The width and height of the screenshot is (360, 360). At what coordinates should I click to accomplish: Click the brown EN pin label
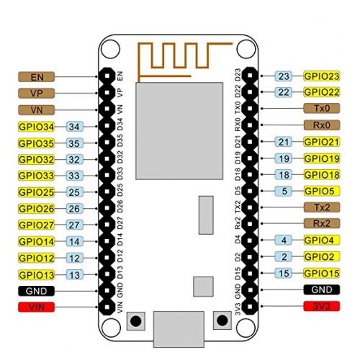click(37, 77)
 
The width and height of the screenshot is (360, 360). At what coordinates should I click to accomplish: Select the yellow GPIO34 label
click(37, 127)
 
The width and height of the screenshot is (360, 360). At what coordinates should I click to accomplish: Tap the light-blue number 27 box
click(74, 225)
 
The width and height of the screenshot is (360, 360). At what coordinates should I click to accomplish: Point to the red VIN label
click(37, 307)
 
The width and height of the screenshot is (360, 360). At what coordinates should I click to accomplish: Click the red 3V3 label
click(322, 306)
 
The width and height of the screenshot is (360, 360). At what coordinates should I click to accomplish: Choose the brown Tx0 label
click(322, 108)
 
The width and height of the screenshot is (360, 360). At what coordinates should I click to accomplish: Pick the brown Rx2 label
click(322, 223)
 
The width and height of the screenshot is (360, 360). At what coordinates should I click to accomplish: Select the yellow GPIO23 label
click(322, 76)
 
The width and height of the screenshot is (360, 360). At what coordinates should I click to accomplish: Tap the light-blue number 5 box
click(284, 191)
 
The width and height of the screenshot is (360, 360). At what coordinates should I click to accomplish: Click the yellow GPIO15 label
click(322, 273)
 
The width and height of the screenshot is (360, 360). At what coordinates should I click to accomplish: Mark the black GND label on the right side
click(322, 289)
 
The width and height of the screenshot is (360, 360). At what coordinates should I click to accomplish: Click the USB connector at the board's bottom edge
click(179, 329)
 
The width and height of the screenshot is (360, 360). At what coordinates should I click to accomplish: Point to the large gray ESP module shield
click(179, 131)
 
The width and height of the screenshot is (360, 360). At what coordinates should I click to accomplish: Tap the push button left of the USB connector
click(136, 320)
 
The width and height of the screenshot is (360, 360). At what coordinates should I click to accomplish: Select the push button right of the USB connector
click(222, 320)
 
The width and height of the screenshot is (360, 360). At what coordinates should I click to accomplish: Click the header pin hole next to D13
click(107, 274)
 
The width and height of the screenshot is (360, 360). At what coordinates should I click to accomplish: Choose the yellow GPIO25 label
click(37, 192)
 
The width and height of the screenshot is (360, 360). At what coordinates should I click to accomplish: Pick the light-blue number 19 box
click(284, 158)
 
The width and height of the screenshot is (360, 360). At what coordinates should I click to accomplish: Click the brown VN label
click(37, 110)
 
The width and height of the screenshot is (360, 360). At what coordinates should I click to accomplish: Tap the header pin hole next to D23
click(250, 76)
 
